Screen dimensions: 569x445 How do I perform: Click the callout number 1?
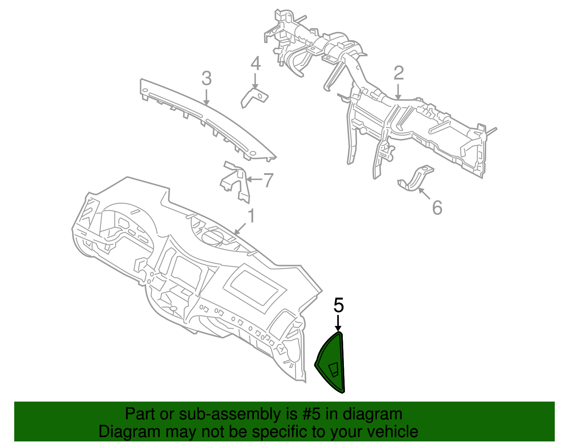(x=251, y=216)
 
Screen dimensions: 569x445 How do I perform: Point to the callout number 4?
(x=256, y=63)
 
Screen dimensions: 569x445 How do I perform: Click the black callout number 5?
(x=338, y=305)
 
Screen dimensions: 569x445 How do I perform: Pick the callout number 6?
(x=437, y=208)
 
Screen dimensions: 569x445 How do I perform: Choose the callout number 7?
(x=268, y=180)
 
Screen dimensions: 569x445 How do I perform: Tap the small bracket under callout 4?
(x=254, y=98)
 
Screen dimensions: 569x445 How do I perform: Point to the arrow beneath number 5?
(x=338, y=323)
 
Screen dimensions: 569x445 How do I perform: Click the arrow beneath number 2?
(x=398, y=92)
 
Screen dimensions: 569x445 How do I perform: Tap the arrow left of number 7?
(x=254, y=180)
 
